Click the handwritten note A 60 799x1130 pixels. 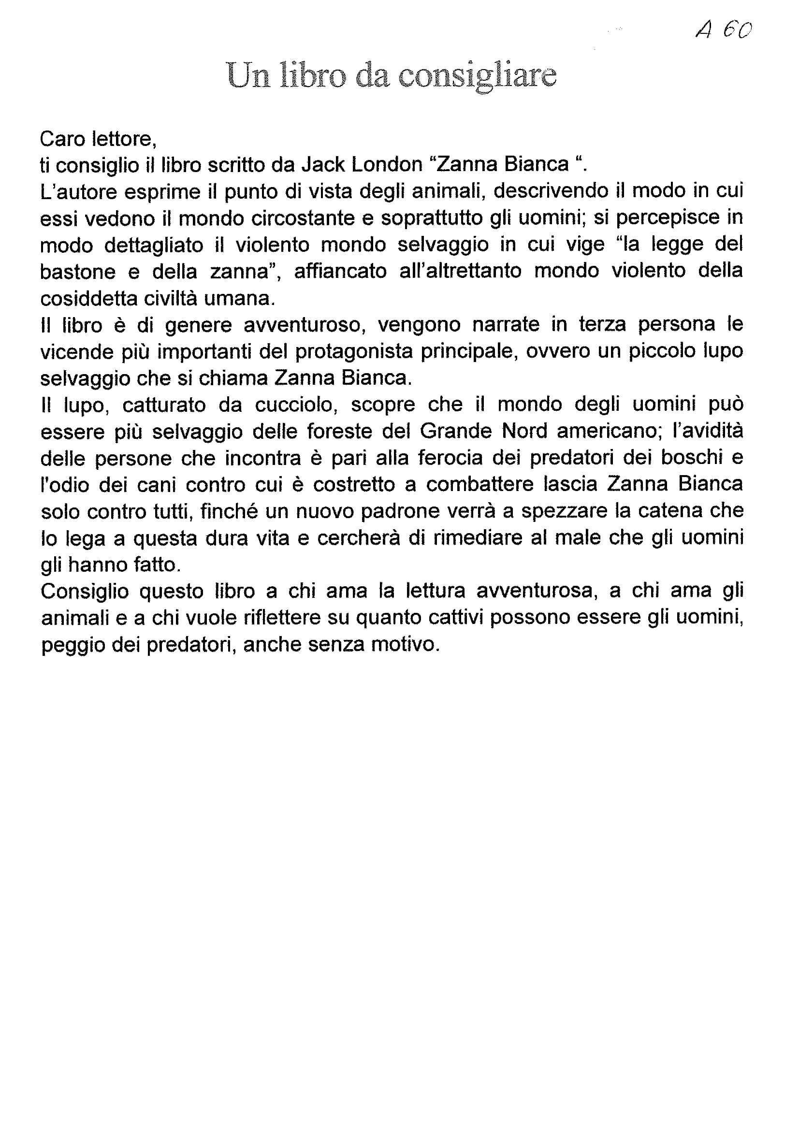pos(724,31)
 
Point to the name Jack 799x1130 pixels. pos(322,164)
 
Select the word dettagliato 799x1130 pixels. pos(154,245)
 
